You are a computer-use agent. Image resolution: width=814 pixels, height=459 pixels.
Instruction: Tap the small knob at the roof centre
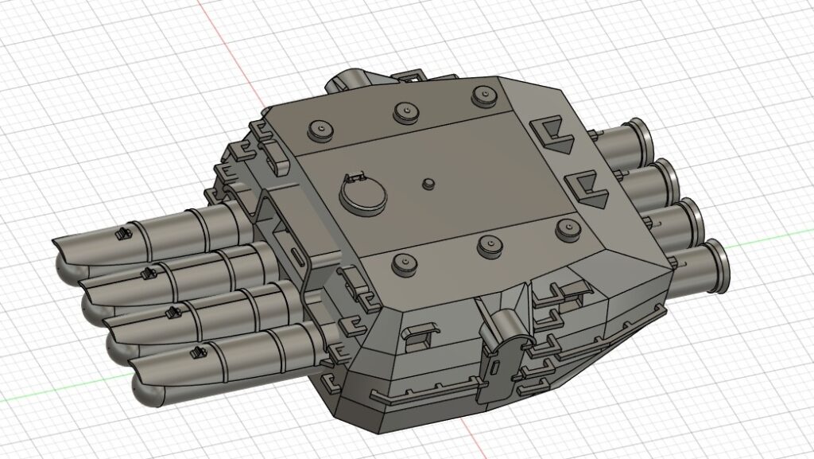429,184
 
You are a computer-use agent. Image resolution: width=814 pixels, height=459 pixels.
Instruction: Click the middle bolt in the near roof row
489,243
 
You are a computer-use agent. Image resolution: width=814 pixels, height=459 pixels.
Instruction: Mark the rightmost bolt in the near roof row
565,230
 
